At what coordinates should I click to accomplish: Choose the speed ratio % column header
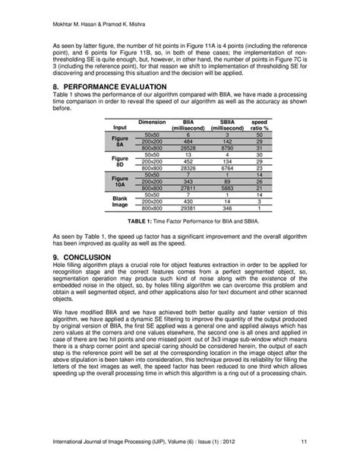[x=259, y=125]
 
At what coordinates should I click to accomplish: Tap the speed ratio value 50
[x=259, y=135]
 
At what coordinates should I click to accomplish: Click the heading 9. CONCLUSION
[x=85, y=258]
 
